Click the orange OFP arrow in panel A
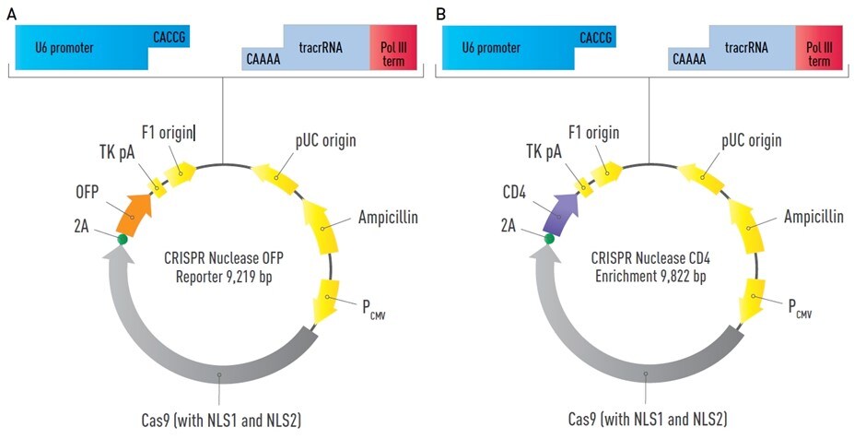point(135,211)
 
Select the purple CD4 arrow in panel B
point(561,213)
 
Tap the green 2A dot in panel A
point(123,239)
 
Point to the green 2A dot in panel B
point(550,239)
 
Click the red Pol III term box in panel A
point(392,49)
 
